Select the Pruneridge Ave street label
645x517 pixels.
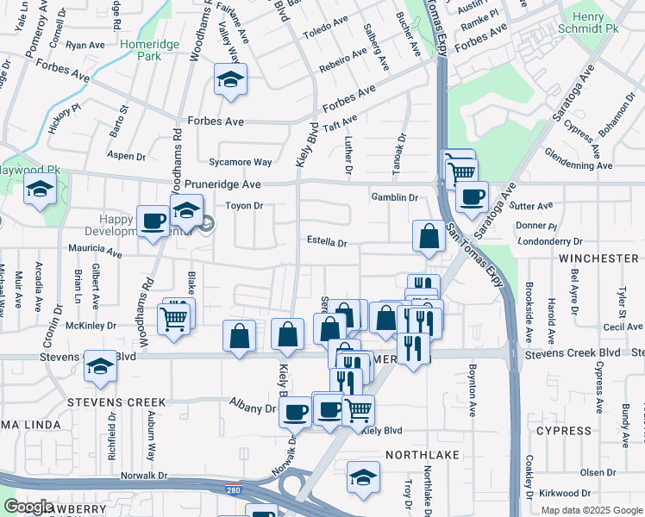[x=223, y=185]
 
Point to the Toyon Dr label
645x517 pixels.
[x=243, y=207]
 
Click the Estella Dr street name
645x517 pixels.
[x=327, y=243]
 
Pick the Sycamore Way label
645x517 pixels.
[x=241, y=162]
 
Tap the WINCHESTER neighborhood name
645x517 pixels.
[x=598, y=258]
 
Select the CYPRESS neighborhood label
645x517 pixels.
[x=564, y=430]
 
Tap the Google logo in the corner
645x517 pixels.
[x=28, y=507]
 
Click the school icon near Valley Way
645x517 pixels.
[x=230, y=81]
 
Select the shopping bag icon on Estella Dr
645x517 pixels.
[x=429, y=236]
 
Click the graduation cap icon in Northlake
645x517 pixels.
[x=363, y=477]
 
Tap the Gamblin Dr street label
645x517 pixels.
[x=394, y=196]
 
